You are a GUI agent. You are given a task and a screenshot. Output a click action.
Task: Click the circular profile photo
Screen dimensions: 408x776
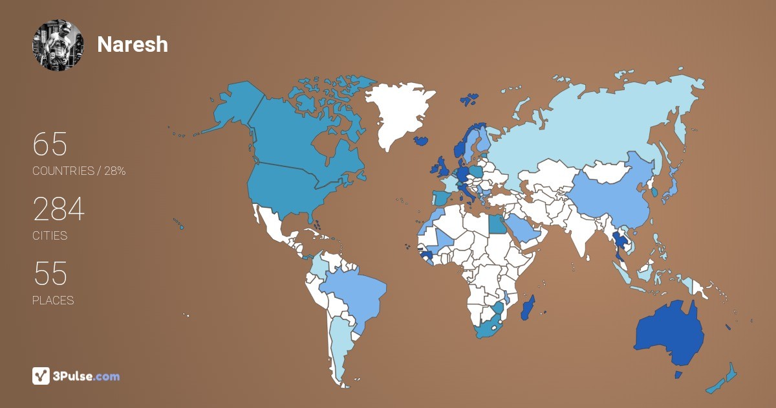coord(58,45)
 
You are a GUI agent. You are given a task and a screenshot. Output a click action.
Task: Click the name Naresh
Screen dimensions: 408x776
coord(133,45)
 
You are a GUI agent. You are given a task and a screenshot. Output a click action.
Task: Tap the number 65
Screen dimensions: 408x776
coord(50,144)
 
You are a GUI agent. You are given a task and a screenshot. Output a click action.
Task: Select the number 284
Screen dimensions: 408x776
coord(59,210)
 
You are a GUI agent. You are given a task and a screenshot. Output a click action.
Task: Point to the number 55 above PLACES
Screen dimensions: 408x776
coord(50,275)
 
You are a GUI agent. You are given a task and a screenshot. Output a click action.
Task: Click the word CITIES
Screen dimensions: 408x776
coord(50,236)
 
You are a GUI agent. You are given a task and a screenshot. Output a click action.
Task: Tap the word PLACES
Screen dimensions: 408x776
coord(53,300)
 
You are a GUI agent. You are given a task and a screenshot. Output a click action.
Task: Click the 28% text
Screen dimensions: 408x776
coord(114,171)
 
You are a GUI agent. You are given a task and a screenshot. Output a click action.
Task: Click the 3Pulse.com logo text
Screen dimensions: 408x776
coord(87,376)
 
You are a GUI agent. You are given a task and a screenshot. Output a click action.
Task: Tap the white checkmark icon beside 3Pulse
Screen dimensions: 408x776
coord(41,376)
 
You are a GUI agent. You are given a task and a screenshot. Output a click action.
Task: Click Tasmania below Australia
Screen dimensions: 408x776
coord(678,375)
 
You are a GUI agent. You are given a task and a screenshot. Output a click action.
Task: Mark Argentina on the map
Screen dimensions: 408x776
coord(339,343)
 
